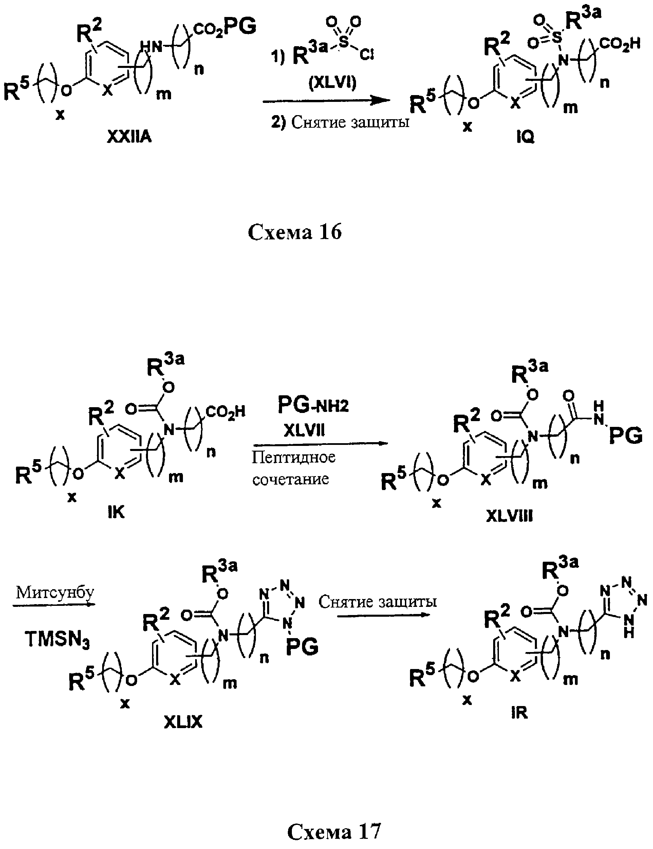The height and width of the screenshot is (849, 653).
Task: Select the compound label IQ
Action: (526, 137)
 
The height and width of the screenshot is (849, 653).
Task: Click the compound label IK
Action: (116, 512)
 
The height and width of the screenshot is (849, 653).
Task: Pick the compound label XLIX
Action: (183, 722)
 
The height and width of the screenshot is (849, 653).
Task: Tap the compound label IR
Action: (519, 713)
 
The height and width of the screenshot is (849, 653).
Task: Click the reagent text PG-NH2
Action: (313, 405)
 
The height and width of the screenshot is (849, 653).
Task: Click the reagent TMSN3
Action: (57, 639)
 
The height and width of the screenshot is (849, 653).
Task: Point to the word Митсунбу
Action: (55, 593)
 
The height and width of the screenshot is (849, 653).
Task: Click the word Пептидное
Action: (293, 457)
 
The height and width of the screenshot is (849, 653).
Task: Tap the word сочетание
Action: (291, 479)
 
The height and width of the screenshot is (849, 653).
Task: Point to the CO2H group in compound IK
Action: (225, 412)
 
